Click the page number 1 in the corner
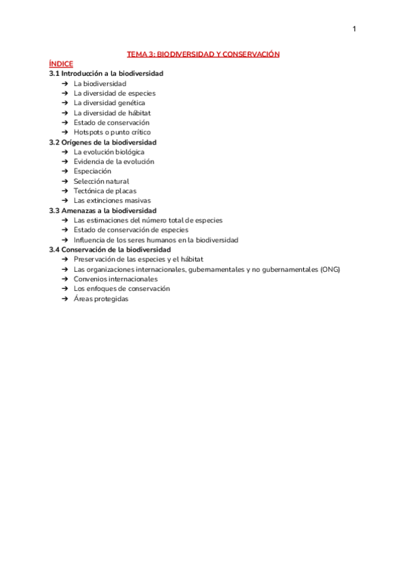[354, 28]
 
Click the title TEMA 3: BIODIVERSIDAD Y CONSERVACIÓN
[203, 54]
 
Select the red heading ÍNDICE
[61, 64]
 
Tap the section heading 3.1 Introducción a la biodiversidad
[106, 73]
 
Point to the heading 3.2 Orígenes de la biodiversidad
[103, 142]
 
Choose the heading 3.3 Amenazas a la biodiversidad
[103, 211]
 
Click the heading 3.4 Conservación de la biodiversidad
[110, 250]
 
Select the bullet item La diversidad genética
[109, 103]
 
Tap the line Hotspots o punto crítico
[112, 132]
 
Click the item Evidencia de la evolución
[114, 161]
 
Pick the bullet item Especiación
[92, 172]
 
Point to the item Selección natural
[101, 181]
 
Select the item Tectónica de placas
[105, 191]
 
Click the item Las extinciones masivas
[112, 201]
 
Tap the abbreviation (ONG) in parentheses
[330, 269]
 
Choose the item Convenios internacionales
[115, 279]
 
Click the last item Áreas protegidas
[100, 298]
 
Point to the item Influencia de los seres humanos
[156, 240]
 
